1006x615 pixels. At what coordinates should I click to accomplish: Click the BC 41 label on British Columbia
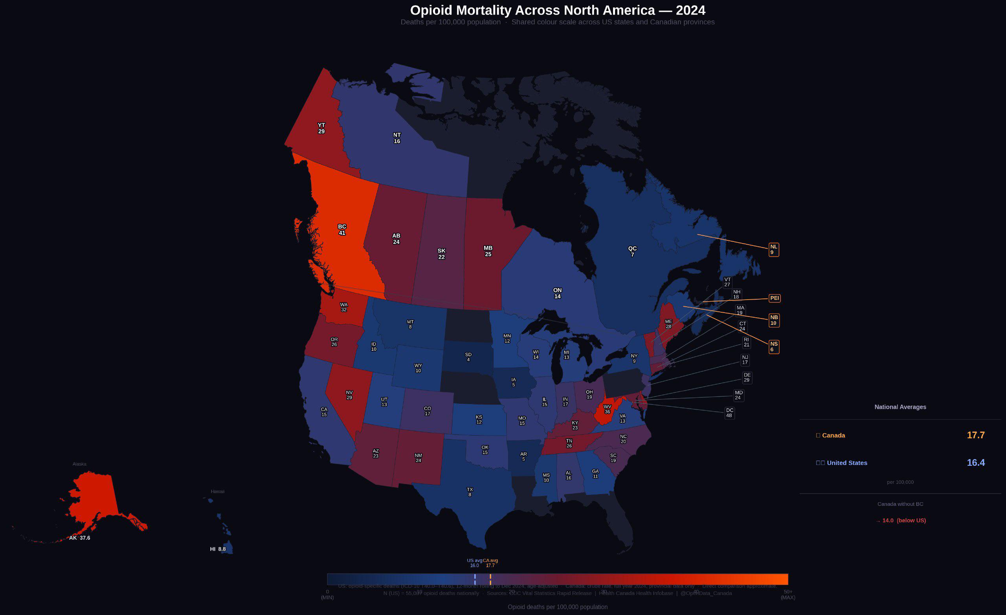(x=342, y=230)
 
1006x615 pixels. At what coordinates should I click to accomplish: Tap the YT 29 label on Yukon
(x=321, y=128)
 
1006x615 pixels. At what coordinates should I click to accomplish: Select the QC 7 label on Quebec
(x=632, y=251)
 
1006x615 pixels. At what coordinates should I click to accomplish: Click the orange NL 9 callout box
(x=773, y=249)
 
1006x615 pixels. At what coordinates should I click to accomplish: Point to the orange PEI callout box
(x=774, y=298)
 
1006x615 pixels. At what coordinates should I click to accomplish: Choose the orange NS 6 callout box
(x=773, y=346)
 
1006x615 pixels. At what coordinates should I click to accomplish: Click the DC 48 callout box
(x=729, y=413)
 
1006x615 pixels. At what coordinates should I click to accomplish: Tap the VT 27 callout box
(x=727, y=282)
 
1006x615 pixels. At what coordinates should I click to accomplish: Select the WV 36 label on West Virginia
(x=607, y=409)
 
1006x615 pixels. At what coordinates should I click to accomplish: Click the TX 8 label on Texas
(x=470, y=492)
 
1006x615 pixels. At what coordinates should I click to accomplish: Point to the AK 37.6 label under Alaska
(x=80, y=538)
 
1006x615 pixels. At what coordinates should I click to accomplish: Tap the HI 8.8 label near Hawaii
(x=218, y=549)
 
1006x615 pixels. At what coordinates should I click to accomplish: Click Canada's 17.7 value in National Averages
(x=975, y=435)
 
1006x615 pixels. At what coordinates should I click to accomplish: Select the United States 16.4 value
(x=975, y=462)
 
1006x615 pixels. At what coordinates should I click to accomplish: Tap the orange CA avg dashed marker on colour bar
(x=490, y=579)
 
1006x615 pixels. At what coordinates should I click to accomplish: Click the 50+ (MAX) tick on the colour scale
(x=788, y=594)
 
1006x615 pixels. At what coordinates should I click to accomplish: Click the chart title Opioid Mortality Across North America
(x=557, y=10)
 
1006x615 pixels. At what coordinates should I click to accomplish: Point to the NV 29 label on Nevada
(x=349, y=395)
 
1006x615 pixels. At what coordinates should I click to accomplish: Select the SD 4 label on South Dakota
(x=468, y=357)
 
